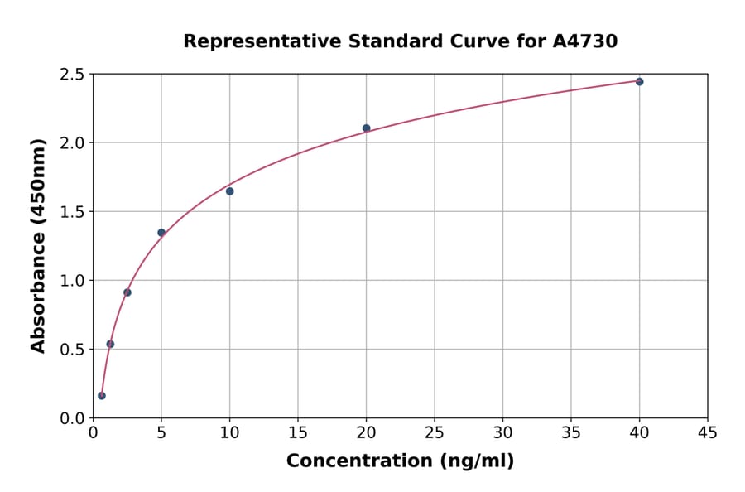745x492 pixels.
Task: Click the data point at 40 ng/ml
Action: [639, 81]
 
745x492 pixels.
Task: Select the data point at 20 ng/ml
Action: [366, 128]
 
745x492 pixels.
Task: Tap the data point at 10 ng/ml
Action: [229, 191]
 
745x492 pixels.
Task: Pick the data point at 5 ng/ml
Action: [161, 233]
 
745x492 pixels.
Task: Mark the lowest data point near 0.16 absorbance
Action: [102, 396]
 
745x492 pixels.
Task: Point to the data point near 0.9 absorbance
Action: [127, 292]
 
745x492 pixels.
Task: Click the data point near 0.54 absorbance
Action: [110, 344]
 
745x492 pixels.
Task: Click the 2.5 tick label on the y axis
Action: [72, 75]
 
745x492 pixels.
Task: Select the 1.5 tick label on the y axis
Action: [72, 212]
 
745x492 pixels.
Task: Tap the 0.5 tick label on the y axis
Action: [72, 350]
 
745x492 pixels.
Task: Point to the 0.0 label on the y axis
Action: [72, 418]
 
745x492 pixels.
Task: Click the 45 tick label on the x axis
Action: [707, 432]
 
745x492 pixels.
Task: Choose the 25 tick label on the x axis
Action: [434, 432]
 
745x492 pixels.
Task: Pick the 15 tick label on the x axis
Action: [297, 432]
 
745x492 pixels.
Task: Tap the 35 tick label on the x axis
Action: [570, 432]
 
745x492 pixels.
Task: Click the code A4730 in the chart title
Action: [584, 41]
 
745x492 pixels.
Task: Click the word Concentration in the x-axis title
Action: [358, 461]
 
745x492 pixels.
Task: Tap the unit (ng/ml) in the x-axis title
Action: [476, 461]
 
